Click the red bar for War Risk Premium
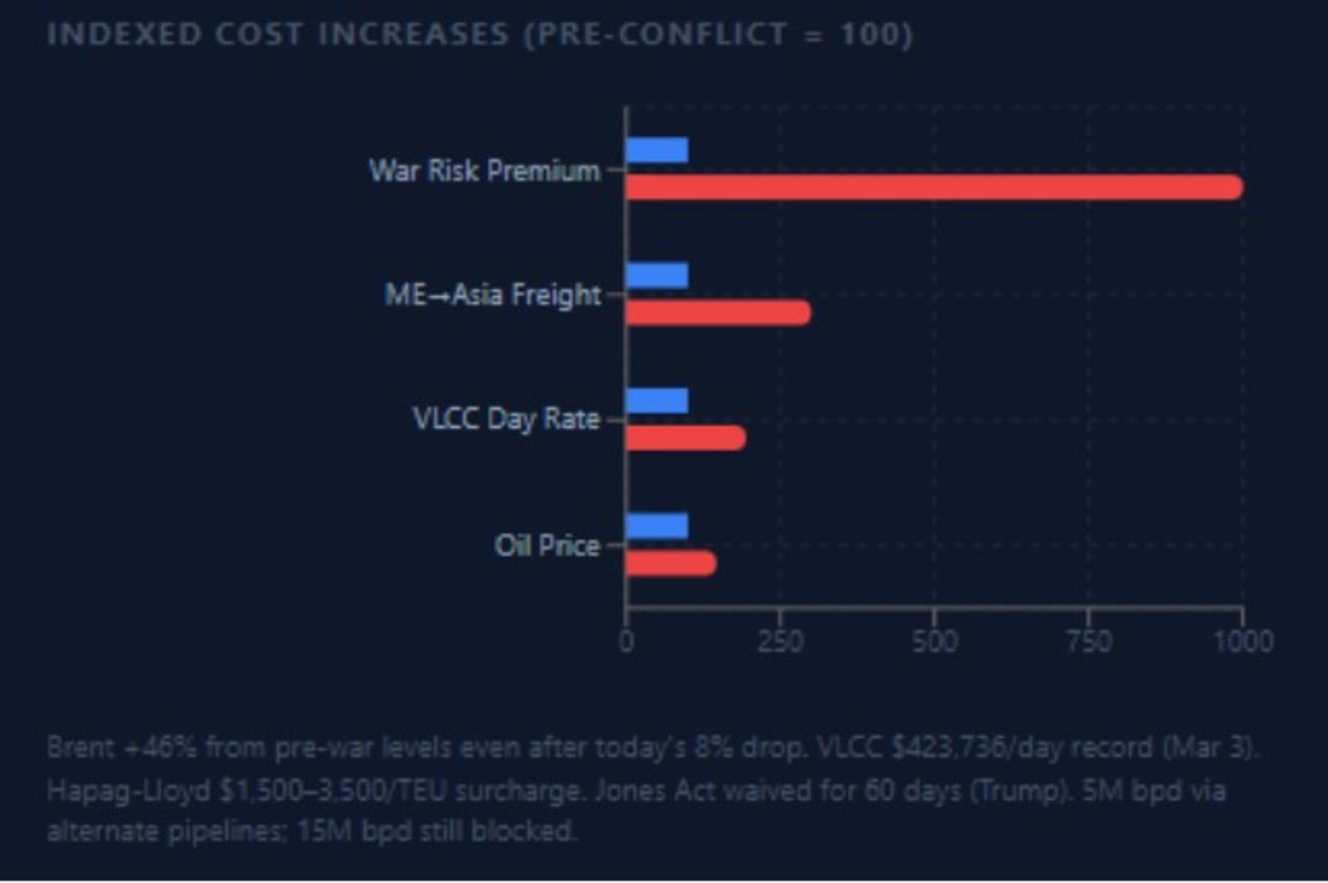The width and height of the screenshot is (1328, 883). pos(934,187)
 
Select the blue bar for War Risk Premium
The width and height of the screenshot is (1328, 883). pos(657,150)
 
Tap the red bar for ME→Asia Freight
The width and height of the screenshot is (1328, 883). pos(718,313)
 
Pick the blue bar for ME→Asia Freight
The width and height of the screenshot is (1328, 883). pos(657,275)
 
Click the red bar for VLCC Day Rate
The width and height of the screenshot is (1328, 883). pos(685,438)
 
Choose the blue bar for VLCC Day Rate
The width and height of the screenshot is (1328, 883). pos(657,400)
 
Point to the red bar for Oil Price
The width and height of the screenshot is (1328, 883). pos(671,564)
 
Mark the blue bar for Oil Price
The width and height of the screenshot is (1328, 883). pos(657,526)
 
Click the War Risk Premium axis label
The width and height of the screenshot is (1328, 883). pos(484,170)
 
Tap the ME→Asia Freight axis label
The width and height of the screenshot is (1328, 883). pos(492,295)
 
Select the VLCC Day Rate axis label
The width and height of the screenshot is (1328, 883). pos(506,419)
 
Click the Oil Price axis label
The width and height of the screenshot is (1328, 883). pos(547,546)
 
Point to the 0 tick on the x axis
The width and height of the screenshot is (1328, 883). pos(626,642)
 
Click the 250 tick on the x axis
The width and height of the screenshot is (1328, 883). pos(780,642)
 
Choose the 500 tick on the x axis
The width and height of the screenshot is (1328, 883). pos(934,642)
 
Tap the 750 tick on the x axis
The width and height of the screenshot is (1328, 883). pos(1089,642)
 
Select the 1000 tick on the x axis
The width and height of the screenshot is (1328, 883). pos(1244,642)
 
